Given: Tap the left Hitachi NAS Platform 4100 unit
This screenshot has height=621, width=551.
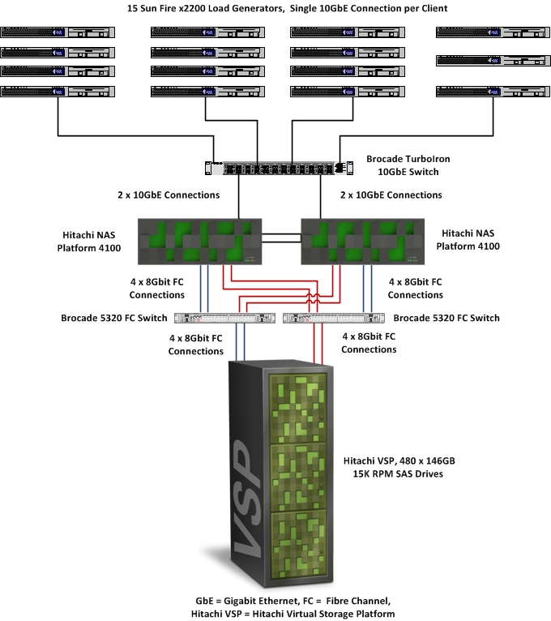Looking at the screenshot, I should point(199,240).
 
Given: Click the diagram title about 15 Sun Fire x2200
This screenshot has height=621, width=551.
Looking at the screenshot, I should point(275,8).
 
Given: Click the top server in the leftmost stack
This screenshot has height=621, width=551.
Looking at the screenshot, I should point(58,33).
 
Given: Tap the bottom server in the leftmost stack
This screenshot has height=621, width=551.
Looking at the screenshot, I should point(58,92).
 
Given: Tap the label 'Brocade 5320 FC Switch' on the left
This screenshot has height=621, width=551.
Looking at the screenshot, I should point(114,318).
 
